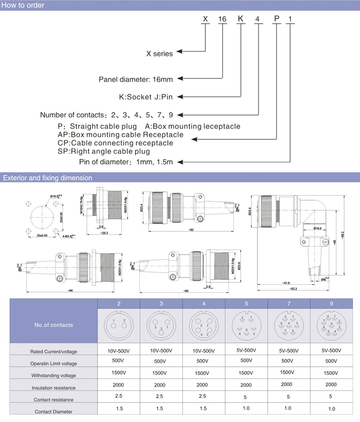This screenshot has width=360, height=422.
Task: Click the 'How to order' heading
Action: tap(24, 5)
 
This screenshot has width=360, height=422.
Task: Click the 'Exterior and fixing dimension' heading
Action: tap(48, 178)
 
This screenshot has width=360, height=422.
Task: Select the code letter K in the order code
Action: tap(240, 19)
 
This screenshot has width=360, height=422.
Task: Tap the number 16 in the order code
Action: tap(222, 19)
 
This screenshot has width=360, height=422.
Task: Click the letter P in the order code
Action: tap(276, 19)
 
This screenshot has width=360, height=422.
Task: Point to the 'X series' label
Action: tap(160, 54)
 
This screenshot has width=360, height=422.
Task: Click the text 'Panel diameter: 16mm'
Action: tap(136, 79)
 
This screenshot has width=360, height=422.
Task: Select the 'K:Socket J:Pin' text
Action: tap(146, 97)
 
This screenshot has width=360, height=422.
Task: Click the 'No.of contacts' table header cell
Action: tap(54, 325)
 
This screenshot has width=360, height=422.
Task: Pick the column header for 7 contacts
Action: tap(289, 303)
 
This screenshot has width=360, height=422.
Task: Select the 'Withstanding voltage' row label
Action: tap(53, 375)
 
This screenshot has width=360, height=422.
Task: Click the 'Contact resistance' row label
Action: tap(54, 400)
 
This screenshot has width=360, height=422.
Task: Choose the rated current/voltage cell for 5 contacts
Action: tap(246, 350)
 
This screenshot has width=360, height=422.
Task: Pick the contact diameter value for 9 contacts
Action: tap(331, 409)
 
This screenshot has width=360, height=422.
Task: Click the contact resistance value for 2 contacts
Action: tap(119, 396)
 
